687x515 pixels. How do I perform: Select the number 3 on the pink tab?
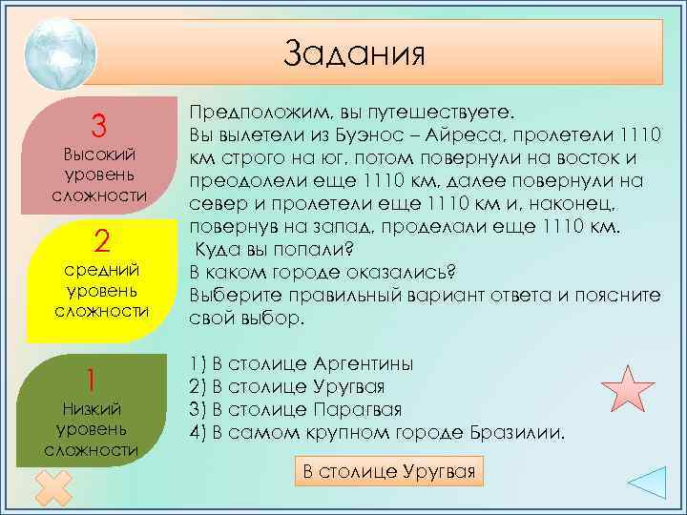(x=97, y=125)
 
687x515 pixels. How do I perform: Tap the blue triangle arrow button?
(x=653, y=484)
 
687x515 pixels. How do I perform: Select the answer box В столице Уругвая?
(x=388, y=470)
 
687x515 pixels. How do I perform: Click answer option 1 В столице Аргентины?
(x=302, y=364)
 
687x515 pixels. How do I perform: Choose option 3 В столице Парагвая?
(x=296, y=410)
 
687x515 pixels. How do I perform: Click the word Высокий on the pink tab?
(x=98, y=154)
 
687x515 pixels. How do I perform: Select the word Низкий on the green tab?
(x=92, y=409)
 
